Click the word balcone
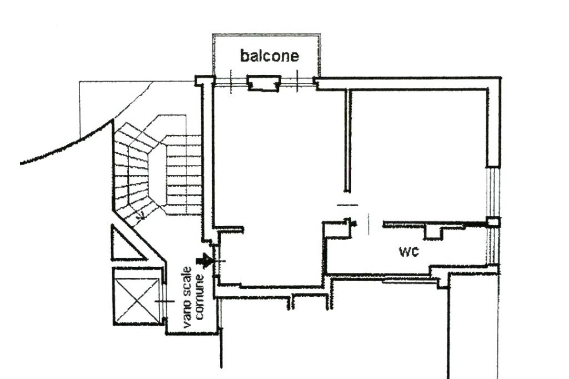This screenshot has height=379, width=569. [x=269, y=56]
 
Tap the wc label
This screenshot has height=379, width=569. [x=409, y=251]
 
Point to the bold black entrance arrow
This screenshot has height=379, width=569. [x=204, y=260]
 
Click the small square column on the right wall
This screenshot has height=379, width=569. [x=493, y=222]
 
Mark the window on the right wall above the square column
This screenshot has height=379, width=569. [x=493, y=192]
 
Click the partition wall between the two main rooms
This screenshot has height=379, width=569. [x=348, y=141]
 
